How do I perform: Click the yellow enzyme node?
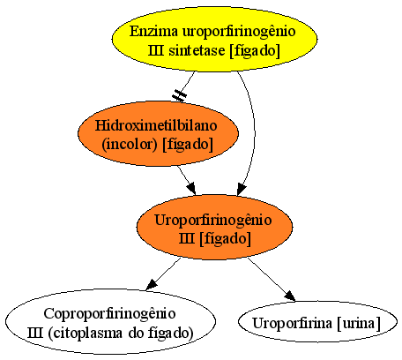point(214,39)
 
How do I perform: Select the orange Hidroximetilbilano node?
point(158,134)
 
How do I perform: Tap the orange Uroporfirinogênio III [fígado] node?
point(214,227)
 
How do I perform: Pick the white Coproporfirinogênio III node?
point(110,321)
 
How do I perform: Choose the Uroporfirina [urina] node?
point(317,321)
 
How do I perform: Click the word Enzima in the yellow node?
point(153,31)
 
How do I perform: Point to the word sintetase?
point(197,50)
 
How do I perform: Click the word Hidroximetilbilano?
point(156,125)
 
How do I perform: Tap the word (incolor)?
point(130,144)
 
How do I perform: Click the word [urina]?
point(359,323)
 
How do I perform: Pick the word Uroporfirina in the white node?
point(292,323)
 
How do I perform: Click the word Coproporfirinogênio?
point(109,313)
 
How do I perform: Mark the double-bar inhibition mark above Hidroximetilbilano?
point(179,95)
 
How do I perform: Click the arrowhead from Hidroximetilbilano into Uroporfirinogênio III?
point(191,188)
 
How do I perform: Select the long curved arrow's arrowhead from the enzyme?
point(241,189)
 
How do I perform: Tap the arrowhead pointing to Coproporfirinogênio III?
point(152,284)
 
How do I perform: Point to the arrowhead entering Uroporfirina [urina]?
point(290,296)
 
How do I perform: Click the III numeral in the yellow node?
point(156,50)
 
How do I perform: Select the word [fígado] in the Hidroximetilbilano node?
point(188,144)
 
